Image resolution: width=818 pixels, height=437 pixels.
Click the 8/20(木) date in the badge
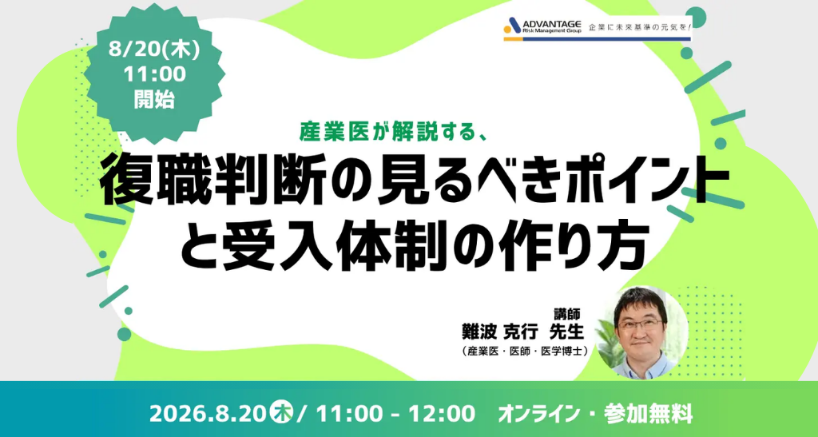click(x=154, y=50)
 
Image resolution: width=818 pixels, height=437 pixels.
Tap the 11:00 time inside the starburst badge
click(x=154, y=74)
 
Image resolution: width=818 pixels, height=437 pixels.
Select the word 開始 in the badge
click(x=154, y=99)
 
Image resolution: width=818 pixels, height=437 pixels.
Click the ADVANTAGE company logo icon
click(x=512, y=26)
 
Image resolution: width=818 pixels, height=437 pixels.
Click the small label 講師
click(x=567, y=313)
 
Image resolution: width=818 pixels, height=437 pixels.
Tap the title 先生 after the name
click(x=566, y=330)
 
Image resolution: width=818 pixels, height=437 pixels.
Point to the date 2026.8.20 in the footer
click(x=210, y=415)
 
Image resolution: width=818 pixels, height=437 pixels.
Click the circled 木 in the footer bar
click(x=284, y=414)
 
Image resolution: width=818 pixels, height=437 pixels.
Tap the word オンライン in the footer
click(x=539, y=415)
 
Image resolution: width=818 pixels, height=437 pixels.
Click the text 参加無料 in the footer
click(x=649, y=415)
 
